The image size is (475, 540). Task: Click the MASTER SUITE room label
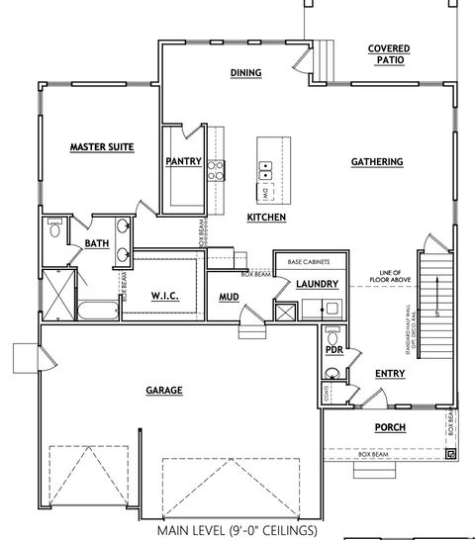101,147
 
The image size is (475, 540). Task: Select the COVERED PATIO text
389,54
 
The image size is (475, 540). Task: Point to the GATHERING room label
376,161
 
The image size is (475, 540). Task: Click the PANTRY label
184,161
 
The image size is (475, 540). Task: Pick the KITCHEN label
266,217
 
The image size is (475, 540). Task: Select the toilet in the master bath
55,231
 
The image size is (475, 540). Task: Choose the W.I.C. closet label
164,295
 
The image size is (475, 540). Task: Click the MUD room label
229,295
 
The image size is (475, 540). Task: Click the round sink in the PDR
333,373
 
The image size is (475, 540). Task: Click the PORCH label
389,427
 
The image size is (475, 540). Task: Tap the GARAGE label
163,391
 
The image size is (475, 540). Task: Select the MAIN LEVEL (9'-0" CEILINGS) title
237,530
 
